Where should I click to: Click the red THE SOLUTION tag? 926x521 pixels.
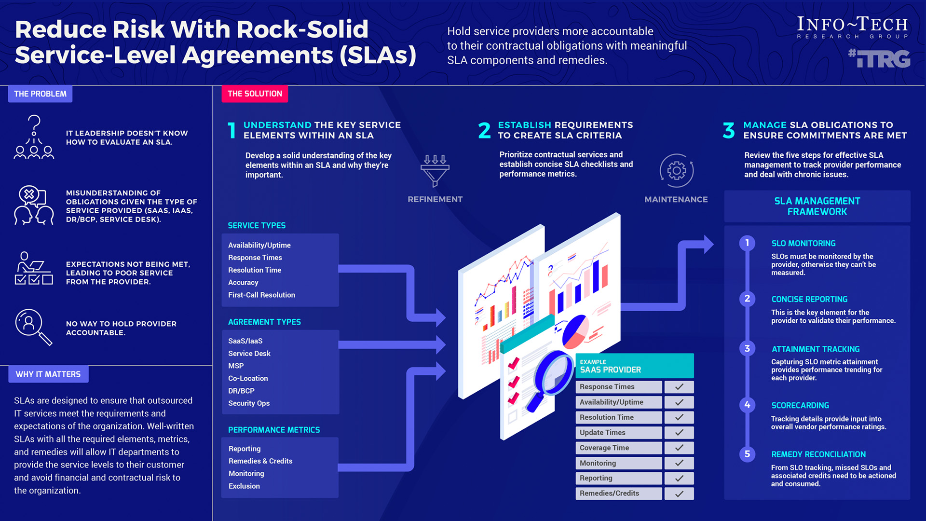[x=255, y=94]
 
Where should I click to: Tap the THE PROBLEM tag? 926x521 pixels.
[x=40, y=94]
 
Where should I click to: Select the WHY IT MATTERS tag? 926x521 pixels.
[x=48, y=374]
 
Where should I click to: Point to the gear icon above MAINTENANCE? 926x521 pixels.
[x=677, y=170]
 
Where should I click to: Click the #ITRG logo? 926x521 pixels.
[x=879, y=59]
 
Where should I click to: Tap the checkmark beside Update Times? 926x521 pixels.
[x=679, y=433]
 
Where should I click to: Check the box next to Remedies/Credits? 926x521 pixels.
[x=679, y=494]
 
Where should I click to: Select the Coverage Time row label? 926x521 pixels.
[x=604, y=448]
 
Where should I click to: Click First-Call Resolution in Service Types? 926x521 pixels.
[x=261, y=295]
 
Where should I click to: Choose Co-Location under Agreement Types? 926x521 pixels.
[x=248, y=378]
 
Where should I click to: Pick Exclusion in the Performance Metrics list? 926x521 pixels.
[x=244, y=486]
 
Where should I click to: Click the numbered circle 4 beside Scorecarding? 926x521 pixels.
[x=747, y=405]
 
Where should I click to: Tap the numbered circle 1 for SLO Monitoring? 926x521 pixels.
[x=747, y=243]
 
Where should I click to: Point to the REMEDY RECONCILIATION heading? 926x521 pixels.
[x=818, y=454]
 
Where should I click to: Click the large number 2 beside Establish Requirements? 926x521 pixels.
[x=484, y=130]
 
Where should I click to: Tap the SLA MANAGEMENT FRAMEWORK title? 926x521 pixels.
[x=817, y=206]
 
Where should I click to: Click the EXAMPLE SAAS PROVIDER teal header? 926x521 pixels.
[x=635, y=366]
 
